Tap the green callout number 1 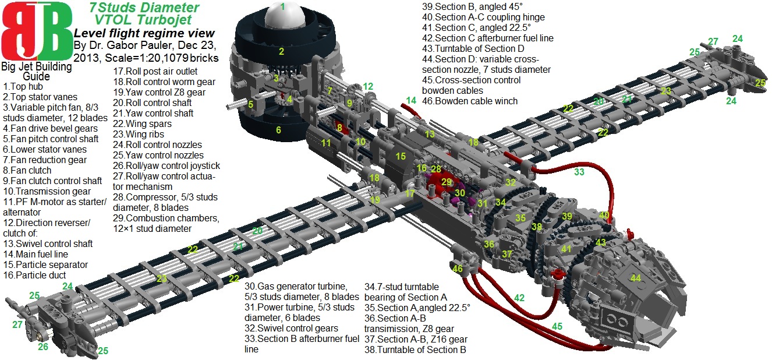pos(282,7)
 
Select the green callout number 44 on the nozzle pos(636,278)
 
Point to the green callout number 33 pos(579,172)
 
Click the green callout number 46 pos(458,269)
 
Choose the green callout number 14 pos(411,100)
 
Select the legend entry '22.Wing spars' pos(142,123)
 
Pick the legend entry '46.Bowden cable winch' pos(470,101)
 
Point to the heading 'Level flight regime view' pos(144,34)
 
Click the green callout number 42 pos(519,298)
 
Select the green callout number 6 pos(278,130)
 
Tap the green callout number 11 pos(326,143)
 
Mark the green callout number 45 pos(557,326)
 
